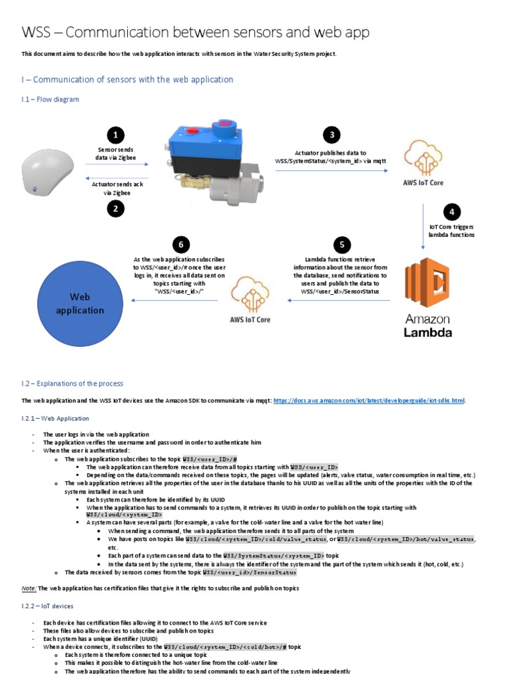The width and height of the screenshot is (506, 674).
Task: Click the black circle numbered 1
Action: tap(116, 135)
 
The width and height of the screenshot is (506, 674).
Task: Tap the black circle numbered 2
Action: tap(116, 209)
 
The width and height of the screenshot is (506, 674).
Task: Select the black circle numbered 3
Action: tap(332, 135)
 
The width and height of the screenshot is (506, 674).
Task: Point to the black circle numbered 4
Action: tap(452, 212)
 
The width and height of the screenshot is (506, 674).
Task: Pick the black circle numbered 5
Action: tap(342, 245)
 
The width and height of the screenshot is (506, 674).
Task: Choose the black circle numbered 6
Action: tap(181, 245)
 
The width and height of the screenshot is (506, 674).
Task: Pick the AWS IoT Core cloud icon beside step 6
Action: tap(250, 294)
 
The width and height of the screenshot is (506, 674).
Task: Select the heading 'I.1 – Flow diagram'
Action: tap(50, 99)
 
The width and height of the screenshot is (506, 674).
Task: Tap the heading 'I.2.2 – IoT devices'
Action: tap(47, 606)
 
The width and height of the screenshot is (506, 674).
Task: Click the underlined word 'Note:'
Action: tap(28, 588)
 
